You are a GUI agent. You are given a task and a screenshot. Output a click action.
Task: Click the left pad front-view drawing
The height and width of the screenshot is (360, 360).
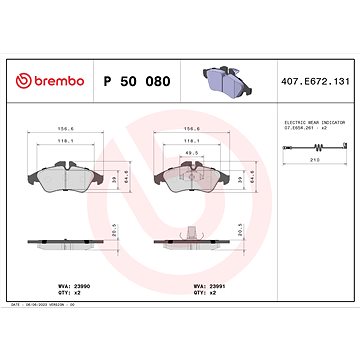67,175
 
